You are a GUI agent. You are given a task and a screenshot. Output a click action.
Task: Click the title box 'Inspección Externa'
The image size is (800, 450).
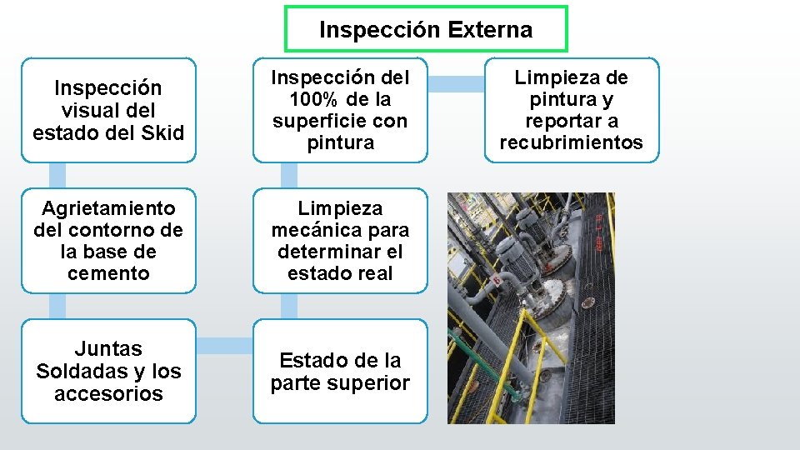point(426,30)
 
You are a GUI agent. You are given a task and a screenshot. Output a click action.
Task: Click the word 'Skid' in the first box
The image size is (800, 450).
point(164,132)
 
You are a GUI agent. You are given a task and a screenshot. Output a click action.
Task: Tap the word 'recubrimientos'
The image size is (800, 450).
point(571,142)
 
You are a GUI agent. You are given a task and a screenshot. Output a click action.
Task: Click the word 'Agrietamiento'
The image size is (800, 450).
point(108,208)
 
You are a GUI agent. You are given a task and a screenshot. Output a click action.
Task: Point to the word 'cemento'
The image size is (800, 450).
point(108,273)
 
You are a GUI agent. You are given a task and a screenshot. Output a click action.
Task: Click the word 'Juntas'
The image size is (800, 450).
point(108,349)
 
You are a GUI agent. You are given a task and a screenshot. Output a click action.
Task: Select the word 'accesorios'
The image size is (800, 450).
point(108,393)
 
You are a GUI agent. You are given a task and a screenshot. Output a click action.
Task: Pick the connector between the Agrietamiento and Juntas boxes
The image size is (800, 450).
point(57,306)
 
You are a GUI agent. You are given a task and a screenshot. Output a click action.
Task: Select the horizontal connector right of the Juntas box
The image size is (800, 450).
point(224,342)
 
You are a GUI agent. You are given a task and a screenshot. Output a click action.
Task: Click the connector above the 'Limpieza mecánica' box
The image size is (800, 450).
point(288,175)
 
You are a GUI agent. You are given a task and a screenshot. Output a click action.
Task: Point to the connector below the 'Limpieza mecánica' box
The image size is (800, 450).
point(288,306)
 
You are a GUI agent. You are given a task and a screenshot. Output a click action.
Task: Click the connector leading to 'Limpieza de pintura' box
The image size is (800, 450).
point(456,83)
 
